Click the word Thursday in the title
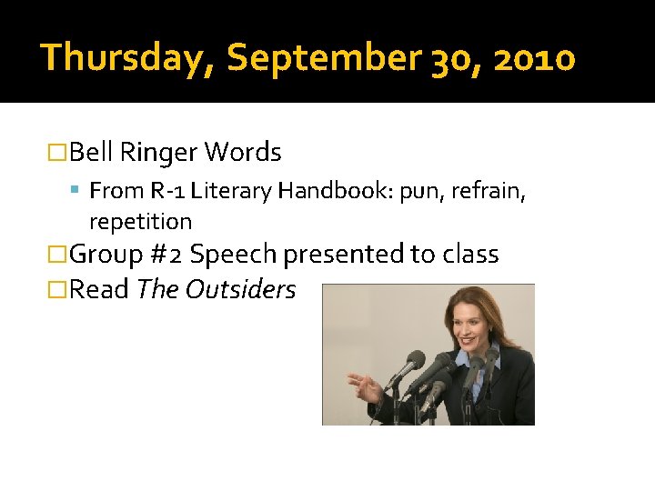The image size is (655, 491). pos(125,58)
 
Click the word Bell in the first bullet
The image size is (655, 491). pos(90,152)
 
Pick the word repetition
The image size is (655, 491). pos(140,222)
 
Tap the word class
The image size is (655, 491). pos(470,255)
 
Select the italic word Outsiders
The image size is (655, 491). pos(240,289)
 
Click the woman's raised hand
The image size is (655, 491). pos(366,387)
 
